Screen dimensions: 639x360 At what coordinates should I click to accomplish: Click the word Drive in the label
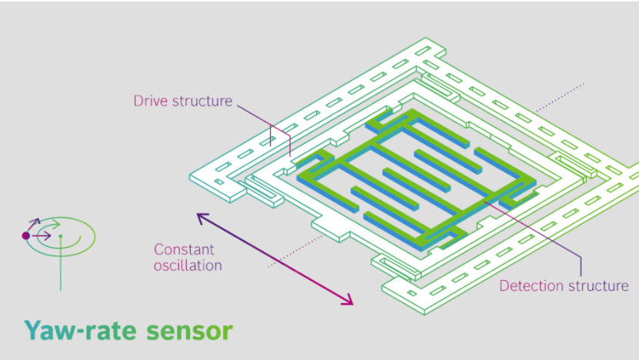point(151,101)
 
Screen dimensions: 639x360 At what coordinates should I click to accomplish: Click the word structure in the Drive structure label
point(202,101)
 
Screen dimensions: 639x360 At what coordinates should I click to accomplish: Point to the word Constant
point(185,249)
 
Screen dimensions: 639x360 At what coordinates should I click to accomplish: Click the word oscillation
point(188,266)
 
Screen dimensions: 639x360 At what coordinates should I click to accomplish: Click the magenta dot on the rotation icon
point(25,235)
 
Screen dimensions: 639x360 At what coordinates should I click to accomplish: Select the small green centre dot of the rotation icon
point(61,236)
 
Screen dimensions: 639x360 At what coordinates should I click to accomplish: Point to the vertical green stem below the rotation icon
point(61,264)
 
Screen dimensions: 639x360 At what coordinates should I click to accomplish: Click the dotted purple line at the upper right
point(560,98)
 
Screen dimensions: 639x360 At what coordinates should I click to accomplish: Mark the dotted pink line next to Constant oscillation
point(295,251)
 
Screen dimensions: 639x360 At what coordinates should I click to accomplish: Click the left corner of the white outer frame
point(189,175)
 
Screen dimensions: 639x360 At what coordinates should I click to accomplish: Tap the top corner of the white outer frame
point(426,38)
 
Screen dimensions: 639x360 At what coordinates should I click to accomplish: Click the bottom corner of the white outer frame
point(424,315)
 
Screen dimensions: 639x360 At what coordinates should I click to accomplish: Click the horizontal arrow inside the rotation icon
point(42,235)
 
